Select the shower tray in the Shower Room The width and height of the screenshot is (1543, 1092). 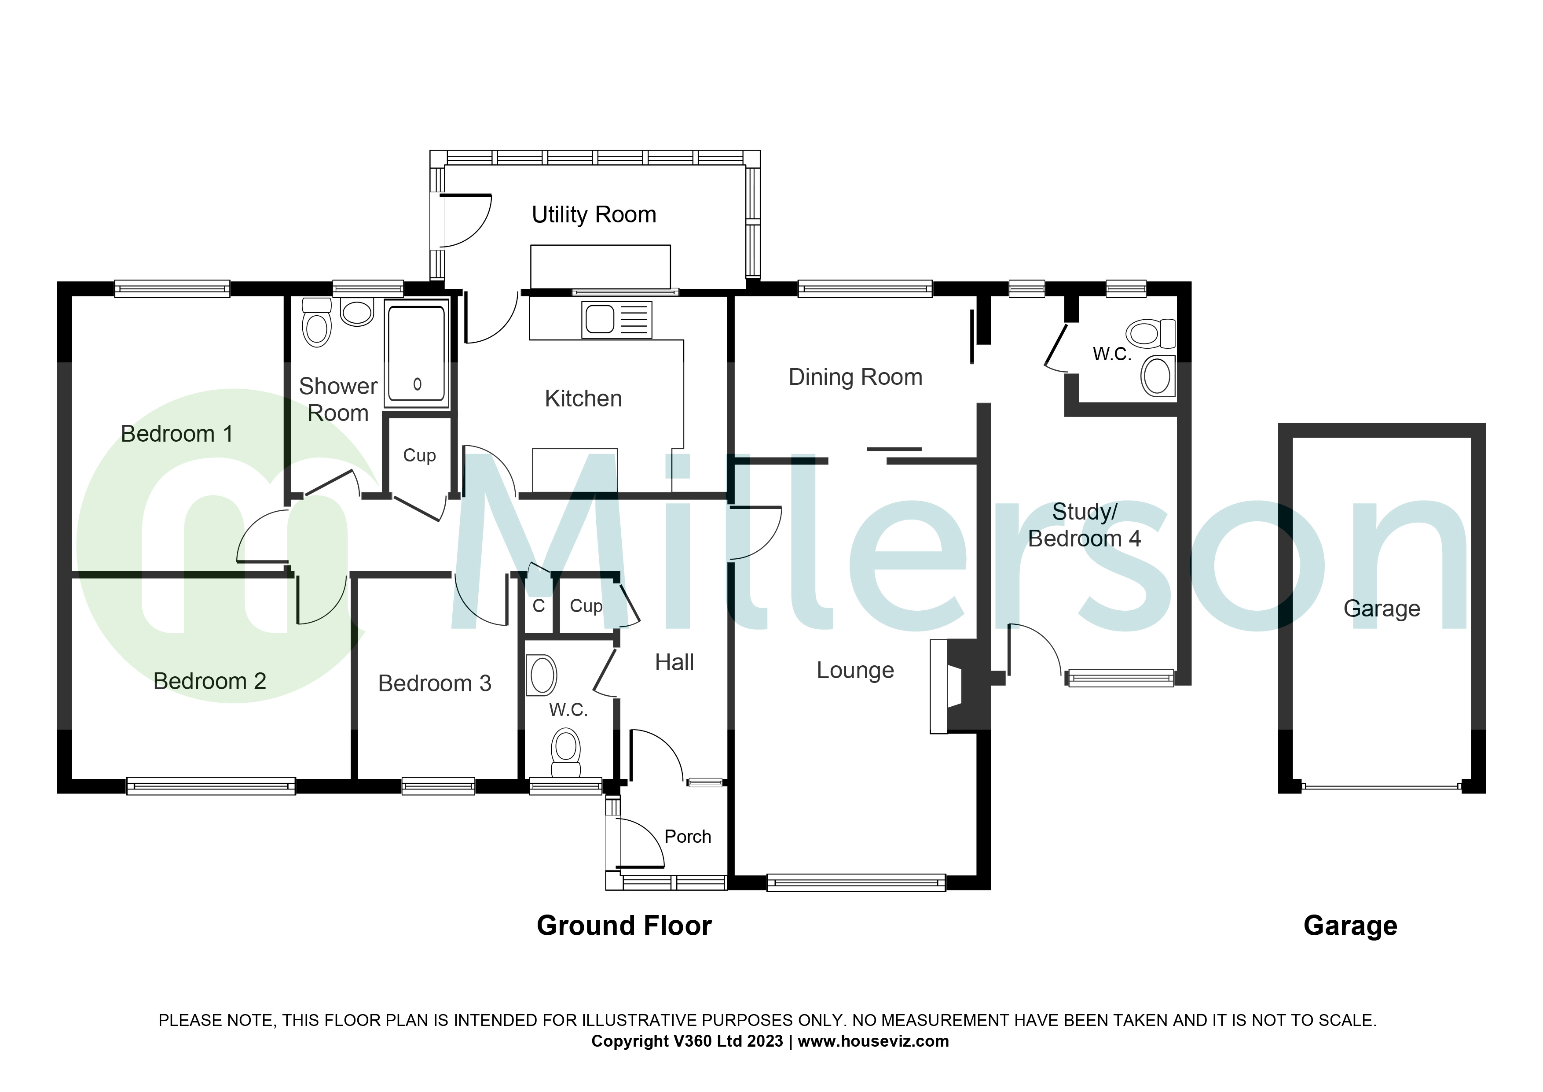pyautogui.click(x=417, y=354)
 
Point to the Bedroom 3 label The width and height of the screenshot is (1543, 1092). pyautogui.click(x=434, y=684)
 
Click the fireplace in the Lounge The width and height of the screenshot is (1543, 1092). pyautogui.click(x=954, y=686)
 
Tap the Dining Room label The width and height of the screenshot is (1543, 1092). pyautogui.click(x=855, y=378)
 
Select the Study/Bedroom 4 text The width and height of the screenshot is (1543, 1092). pyautogui.click(x=1084, y=526)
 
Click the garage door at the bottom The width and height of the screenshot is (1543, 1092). pyautogui.click(x=1381, y=786)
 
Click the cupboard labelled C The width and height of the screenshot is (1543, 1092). pyautogui.click(x=538, y=606)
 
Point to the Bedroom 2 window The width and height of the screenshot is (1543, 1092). pyautogui.click(x=210, y=786)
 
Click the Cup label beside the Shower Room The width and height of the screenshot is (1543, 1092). pyautogui.click(x=419, y=456)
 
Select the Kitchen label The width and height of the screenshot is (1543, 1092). pyautogui.click(x=583, y=399)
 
